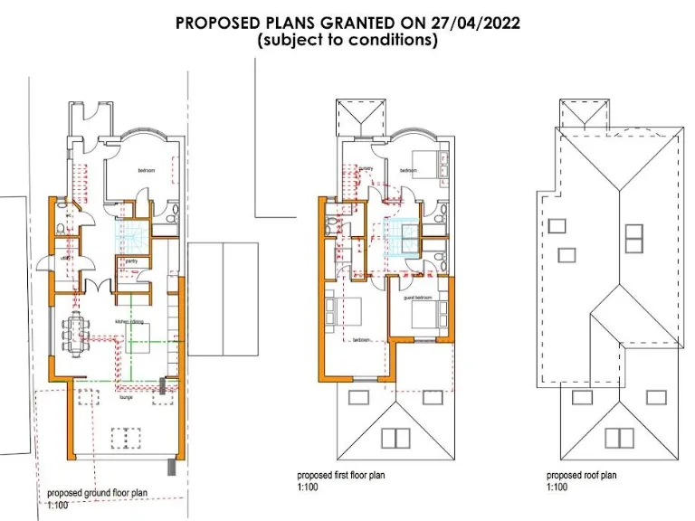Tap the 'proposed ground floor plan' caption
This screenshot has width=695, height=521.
click(98, 493)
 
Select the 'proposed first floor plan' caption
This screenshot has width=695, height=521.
click(342, 475)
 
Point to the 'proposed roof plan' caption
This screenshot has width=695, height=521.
click(582, 475)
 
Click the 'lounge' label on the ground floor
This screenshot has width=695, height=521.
click(127, 396)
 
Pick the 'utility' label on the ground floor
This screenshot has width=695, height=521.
click(66, 259)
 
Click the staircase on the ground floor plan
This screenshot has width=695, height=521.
click(131, 238)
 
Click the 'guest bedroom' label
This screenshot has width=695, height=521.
click(418, 298)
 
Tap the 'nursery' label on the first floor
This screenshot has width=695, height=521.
click(366, 169)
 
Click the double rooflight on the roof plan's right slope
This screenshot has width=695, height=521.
click(633, 238)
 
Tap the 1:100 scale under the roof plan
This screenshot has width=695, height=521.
click(557, 488)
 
